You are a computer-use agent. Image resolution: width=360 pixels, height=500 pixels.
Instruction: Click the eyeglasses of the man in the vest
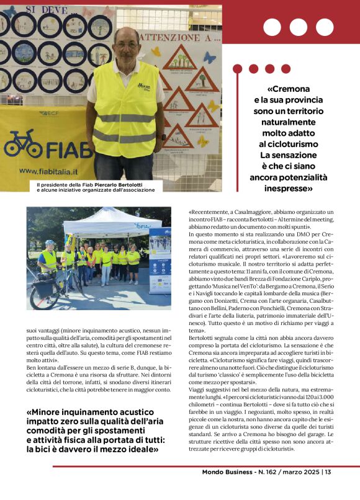click(x=127, y=45)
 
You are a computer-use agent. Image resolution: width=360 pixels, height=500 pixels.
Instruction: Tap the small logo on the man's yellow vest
click(x=144, y=86)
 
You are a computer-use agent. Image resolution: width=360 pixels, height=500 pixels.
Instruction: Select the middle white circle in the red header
click(x=298, y=27)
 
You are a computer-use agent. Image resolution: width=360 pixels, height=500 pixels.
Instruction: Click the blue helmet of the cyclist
click(x=49, y=243)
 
